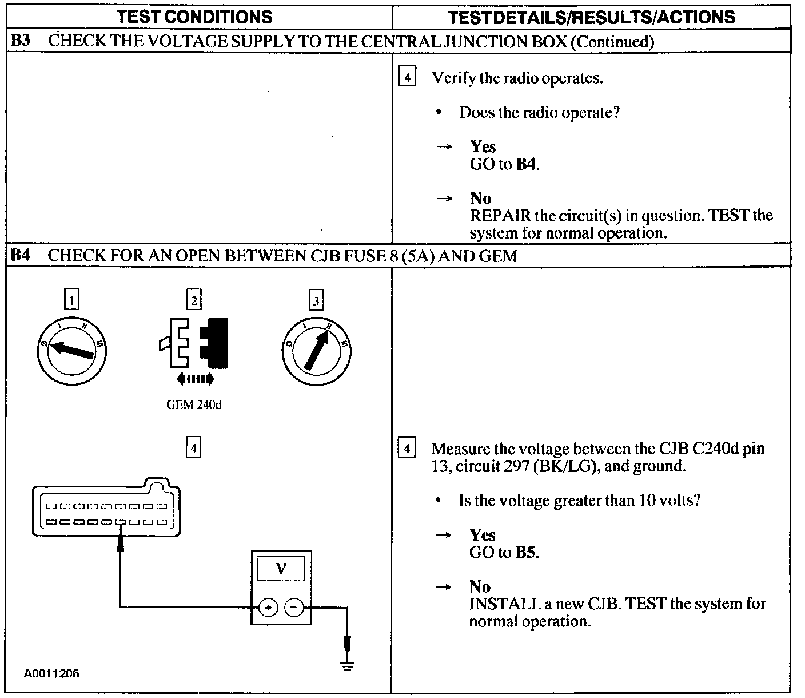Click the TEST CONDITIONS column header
click(x=194, y=17)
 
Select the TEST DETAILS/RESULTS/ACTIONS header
click(x=591, y=17)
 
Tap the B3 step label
click(x=21, y=41)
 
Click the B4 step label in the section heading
click(x=21, y=255)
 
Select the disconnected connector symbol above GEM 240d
click(x=194, y=343)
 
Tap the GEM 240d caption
click(x=193, y=405)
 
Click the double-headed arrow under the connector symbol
click(x=195, y=378)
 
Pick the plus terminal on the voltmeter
click(x=268, y=608)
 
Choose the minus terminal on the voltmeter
click(x=294, y=608)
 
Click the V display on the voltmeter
click(x=281, y=569)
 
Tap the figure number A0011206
click(x=51, y=674)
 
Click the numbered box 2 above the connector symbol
click(x=194, y=300)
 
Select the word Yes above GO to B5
click(x=482, y=535)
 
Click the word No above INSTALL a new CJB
click(x=480, y=586)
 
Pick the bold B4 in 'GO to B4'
click(x=527, y=165)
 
